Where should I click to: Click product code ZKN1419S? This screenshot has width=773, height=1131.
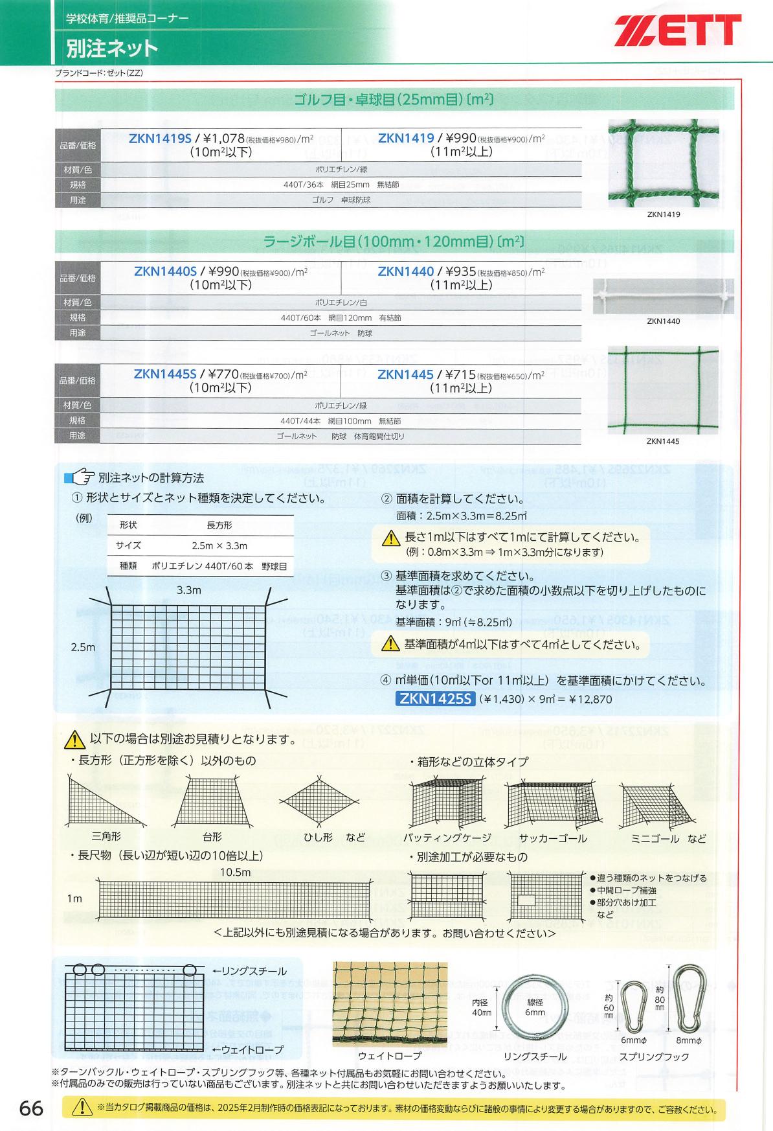pos(160,138)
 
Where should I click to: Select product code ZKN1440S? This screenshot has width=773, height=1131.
pos(165,271)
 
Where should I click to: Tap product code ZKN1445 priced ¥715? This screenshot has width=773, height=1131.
pos(405,375)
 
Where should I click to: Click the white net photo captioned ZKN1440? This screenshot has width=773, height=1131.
pos(663,297)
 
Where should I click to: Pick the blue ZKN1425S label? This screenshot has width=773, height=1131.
pos(435,699)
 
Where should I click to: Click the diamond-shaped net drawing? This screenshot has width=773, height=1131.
pos(319,801)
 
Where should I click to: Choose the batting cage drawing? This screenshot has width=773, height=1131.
pos(447,805)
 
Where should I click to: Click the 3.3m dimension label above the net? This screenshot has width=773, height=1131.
pos(188,590)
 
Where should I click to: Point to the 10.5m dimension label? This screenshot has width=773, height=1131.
pos(235,872)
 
